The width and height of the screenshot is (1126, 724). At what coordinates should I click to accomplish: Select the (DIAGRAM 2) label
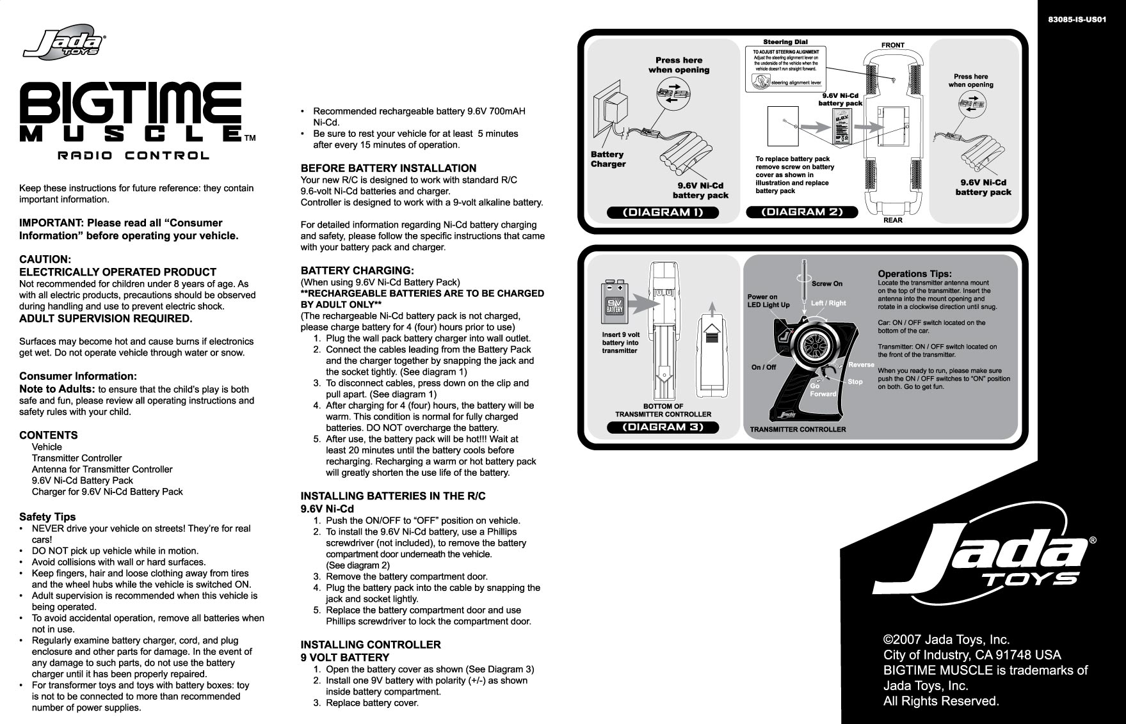[802, 212]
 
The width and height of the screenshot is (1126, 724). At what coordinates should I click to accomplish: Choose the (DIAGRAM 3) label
[663, 427]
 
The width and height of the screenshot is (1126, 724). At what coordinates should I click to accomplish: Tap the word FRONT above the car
[892, 45]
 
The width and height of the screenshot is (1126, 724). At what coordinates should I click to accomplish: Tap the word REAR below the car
[892, 220]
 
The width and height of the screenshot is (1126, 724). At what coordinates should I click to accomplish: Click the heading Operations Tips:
[914, 274]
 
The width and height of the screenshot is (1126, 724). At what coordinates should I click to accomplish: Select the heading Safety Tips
[47, 517]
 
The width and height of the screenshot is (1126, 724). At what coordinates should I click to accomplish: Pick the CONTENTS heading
[49, 435]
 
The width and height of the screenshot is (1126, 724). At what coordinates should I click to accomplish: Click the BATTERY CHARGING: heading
[357, 271]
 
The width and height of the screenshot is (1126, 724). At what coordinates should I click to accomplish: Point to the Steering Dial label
[785, 42]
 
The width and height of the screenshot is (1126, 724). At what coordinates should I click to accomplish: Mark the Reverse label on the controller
[861, 365]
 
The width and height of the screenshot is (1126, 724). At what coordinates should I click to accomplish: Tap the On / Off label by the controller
[763, 367]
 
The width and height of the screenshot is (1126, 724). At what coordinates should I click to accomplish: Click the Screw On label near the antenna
[827, 283]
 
